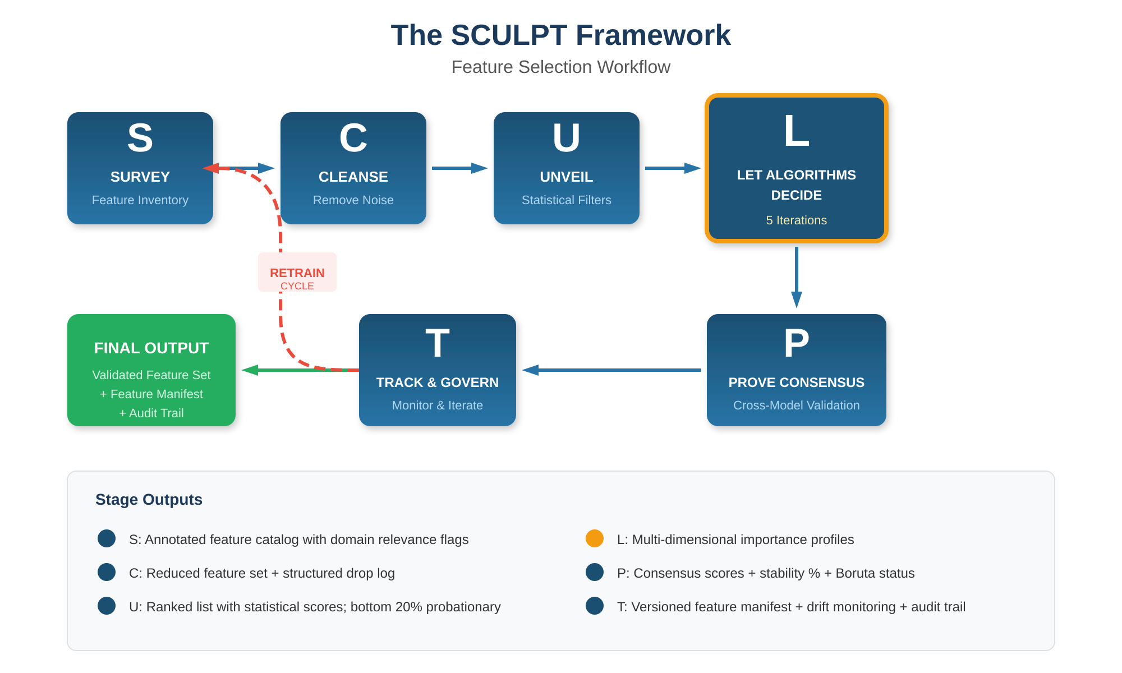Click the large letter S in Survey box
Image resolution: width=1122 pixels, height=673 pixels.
tap(140, 138)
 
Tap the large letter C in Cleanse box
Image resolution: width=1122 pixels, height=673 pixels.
tap(353, 138)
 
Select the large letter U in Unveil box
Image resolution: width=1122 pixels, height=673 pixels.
tap(566, 138)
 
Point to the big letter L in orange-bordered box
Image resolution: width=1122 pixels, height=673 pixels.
tap(796, 132)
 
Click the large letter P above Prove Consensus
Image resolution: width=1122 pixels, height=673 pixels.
tap(796, 343)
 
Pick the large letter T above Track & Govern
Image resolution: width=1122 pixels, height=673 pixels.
tap(437, 343)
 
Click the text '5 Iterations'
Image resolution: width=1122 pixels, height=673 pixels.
tap(796, 220)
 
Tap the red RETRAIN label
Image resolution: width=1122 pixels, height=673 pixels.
tap(297, 273)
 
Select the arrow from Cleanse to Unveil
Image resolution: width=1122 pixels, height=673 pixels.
tap(459, 168)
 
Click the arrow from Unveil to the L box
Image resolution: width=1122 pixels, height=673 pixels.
tap(672, 168)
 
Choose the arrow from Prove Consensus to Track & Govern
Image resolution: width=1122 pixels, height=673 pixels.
tap(611, 370)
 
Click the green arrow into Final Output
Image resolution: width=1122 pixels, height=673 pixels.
tap(280, 370)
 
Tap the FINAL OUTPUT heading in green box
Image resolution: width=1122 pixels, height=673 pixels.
tap(151, 348)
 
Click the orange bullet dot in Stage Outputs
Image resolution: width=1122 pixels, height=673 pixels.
tap(594, 538)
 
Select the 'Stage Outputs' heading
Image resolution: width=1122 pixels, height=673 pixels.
tap(149, 500)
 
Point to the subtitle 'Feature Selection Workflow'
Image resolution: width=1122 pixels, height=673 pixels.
tap(560, 67)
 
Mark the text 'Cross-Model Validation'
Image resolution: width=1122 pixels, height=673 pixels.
tap(796, 405)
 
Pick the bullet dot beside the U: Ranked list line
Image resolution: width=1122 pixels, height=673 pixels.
tap(107, 606)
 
